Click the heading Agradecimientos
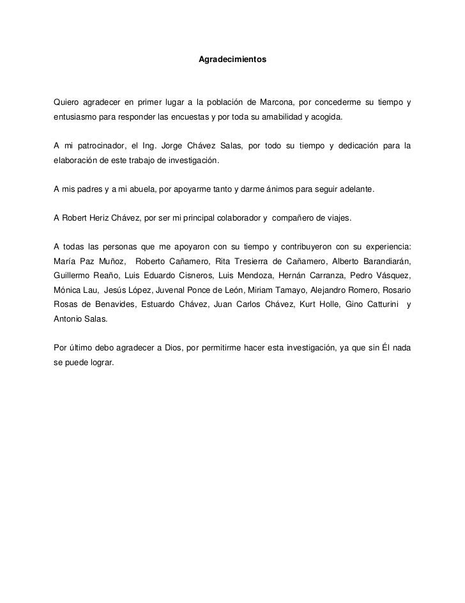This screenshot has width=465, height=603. [x=232, y=59]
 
